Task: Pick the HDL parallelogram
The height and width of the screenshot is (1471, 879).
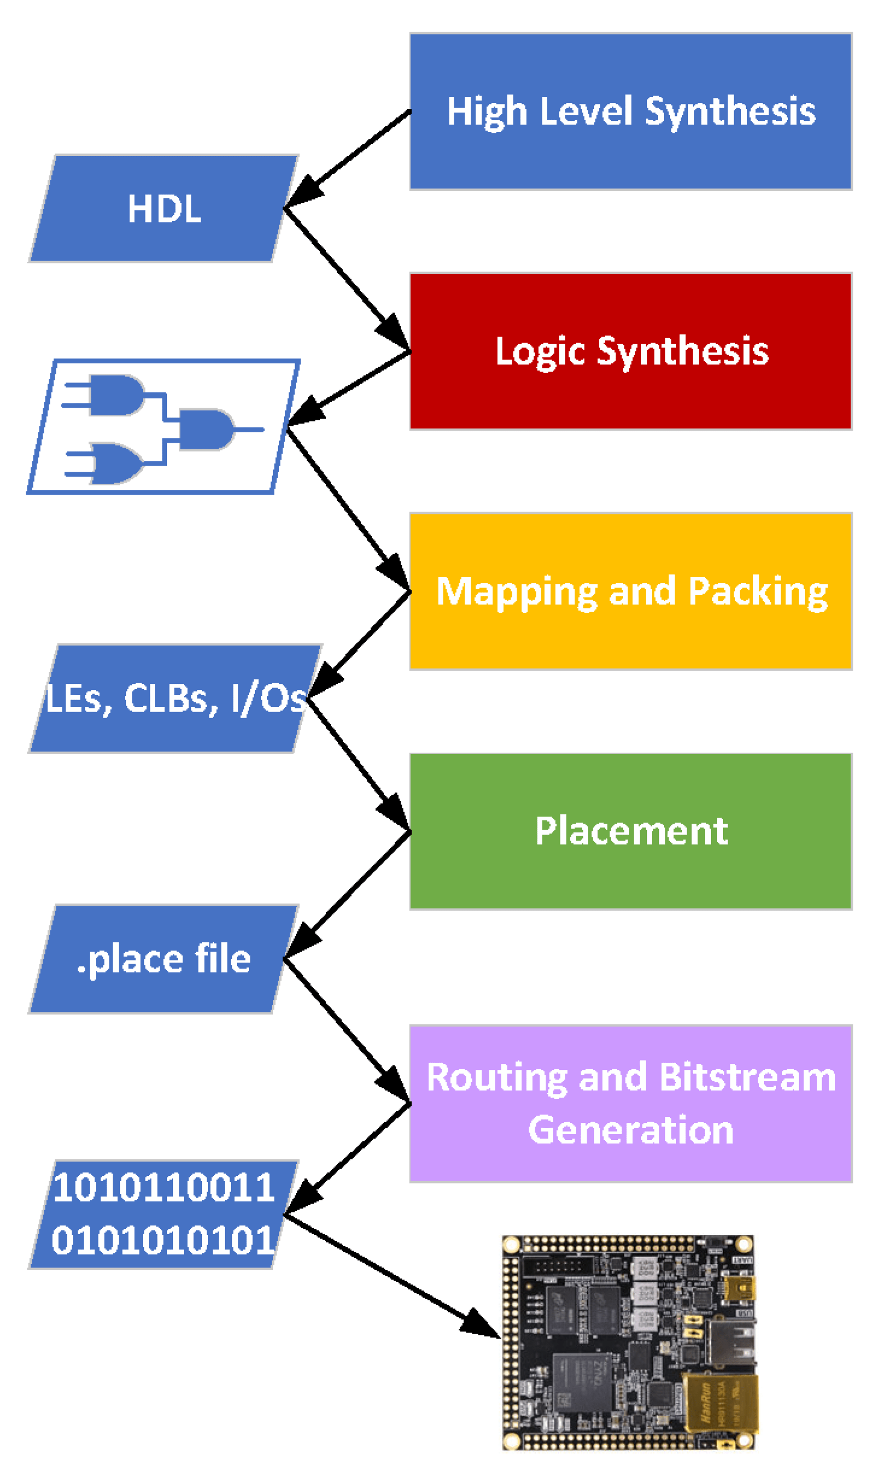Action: click(x=164, y=209)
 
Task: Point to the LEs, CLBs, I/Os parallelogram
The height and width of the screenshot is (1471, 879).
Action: click(x=175, y=699)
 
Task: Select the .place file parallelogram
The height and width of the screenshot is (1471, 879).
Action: click(x=164, y=959)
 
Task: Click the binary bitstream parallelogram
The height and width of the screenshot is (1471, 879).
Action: click(x=164, y=1214)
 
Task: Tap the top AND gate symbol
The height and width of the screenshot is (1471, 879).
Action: click(x=116, y=395)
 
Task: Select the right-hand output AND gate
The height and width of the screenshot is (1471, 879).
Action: click(x=205, y=430)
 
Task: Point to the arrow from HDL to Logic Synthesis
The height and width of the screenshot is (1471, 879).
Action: click(x=346, y=279)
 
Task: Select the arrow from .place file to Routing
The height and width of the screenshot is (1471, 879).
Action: click(x=346, y=1030)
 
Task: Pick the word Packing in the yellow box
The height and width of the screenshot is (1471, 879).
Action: click(x=758, y=591)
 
